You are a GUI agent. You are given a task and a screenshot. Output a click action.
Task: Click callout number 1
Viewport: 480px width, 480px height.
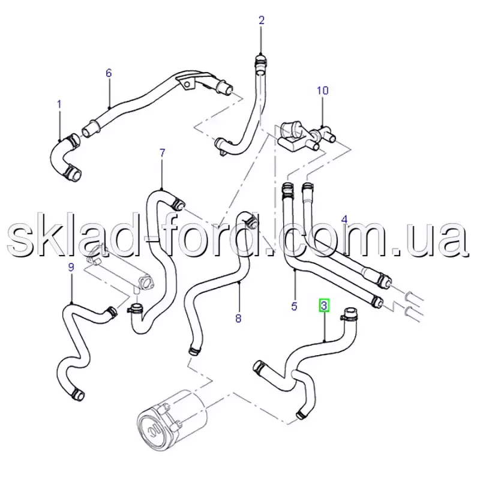point(59,104)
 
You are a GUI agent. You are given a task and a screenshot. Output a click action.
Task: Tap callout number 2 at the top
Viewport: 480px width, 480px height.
point(261,20)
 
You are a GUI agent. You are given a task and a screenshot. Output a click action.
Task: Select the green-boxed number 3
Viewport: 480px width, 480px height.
point(324,305)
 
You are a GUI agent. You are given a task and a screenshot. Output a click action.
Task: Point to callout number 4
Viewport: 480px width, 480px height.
point(344,219)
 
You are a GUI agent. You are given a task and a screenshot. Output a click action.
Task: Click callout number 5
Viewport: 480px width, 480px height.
point(294,306)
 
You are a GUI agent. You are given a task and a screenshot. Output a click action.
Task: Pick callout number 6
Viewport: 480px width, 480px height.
point(109,73)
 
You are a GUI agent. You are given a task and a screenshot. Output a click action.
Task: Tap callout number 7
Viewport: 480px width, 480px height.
point(162,152)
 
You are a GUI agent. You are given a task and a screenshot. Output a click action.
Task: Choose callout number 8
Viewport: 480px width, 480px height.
point(238,319)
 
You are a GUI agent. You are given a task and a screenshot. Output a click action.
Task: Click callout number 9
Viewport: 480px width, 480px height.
point(71,267)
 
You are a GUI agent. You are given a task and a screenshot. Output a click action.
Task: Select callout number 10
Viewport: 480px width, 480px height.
point(322,91)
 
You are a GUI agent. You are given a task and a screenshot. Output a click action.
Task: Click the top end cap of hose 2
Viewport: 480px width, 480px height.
point(260,59)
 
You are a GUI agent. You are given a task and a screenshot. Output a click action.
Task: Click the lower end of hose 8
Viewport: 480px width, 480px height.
point(194,351)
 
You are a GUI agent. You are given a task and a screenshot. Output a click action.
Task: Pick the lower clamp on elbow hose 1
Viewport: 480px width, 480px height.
point(72,172)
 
